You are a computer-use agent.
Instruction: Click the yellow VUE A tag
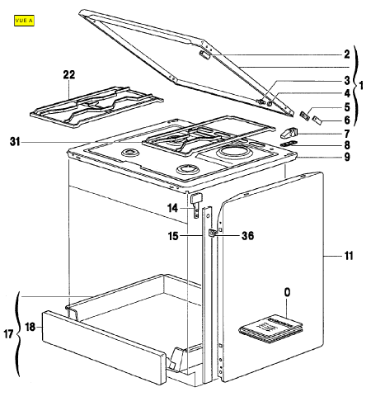coord(24,21)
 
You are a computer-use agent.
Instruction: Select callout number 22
coord(69,75)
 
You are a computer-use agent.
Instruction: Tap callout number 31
coord(15,142)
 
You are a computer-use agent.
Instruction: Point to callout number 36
coord(247,236)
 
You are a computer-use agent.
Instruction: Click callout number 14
coord(172,208)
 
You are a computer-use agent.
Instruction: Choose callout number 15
coord(173,236)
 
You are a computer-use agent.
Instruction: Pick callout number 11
coord(349,256)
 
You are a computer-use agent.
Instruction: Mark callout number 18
coord(31,327)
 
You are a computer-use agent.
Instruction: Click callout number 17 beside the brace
coord(8,334)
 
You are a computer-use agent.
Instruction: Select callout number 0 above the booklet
coord(287,292)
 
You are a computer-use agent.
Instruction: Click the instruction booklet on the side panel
coord(271,329)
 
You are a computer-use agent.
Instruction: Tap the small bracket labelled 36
coord(212,233)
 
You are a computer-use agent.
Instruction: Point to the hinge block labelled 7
coord(289,133)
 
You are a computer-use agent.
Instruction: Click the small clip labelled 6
coord(317,120)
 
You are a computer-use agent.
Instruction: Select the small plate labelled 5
coord(304,116)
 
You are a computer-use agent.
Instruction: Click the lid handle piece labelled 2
coord(205,54)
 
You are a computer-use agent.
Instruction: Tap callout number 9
coord(347,157)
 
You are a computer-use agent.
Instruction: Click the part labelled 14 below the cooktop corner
coord(196,205)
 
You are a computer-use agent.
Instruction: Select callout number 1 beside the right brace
coord(361,86)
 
